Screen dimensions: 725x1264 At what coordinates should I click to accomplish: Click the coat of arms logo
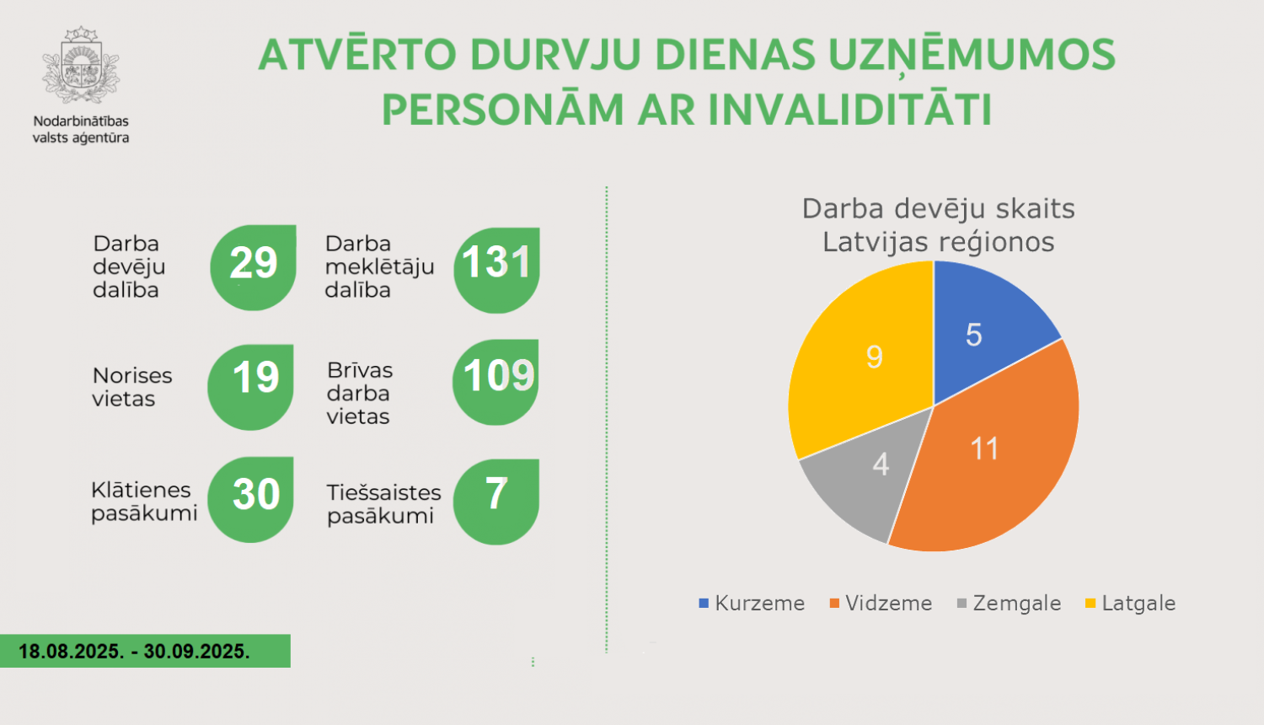[x=81, y=67]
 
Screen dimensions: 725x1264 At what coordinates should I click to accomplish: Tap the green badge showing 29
[x=253, y=266]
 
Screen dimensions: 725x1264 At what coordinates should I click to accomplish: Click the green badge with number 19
[x=251, y=386]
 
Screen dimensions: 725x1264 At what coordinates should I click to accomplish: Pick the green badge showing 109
[x=496, y=381]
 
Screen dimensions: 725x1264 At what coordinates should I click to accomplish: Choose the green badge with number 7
[x=496, y=501]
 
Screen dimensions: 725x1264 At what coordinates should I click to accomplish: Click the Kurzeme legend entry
[x=752, y=604]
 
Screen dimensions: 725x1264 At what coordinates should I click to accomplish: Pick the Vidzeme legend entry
[x=881, y=604]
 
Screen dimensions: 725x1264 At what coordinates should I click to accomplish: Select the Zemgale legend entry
[x=1009, y=604]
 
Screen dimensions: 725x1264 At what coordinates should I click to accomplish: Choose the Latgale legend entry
[x=1130, y=604]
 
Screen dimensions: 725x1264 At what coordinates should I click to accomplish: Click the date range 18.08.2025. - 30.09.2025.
[x=135, y=652]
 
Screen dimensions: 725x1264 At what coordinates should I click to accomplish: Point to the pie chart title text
[x=938, y=225]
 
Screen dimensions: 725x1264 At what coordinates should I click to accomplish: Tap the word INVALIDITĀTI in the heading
[x=851, y=110]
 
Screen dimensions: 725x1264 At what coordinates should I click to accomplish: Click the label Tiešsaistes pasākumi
[x=383, y=504]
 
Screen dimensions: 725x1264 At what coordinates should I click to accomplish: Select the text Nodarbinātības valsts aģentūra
[x=81, y=129]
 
